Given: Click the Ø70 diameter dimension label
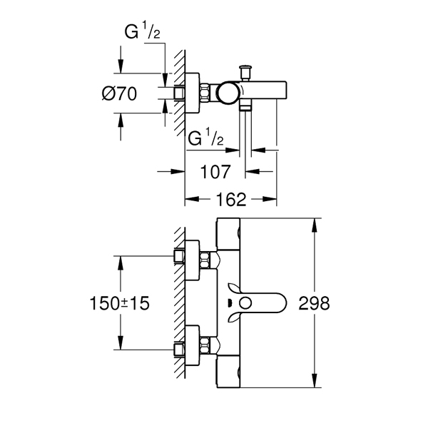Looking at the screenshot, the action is (x=119, y=93).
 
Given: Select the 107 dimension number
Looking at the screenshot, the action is (x=215, y=172).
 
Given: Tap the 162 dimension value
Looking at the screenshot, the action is (x=231, y=199).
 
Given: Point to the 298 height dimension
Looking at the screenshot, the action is (x=314, y=303).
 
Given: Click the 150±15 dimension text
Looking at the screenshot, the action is (x=120, y=303).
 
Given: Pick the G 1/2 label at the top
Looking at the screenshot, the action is (x=142, y=31).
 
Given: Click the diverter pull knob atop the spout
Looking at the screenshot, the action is (x=245, y=71).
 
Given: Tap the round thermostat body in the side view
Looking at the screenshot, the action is (x=228, y=93).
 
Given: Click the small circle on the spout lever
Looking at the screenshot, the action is (x=245, y=303).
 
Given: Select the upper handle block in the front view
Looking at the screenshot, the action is (x=228, y=234).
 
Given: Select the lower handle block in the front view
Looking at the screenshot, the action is (x=228, y=372).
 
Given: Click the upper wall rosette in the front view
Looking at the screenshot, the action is (x=193, y=260).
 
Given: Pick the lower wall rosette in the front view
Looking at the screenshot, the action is (x=193, y=345).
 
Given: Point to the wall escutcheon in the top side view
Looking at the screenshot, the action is (x=193, y=93).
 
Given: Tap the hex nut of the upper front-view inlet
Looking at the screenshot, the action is (x=205, y=260).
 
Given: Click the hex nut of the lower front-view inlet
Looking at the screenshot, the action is (x=205, y=345).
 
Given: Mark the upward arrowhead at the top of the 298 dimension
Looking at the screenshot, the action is (x=315, y=225).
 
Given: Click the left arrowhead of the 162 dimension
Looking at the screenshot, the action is (x=192, y=199).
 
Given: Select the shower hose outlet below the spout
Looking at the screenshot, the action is (x=245, y=106).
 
